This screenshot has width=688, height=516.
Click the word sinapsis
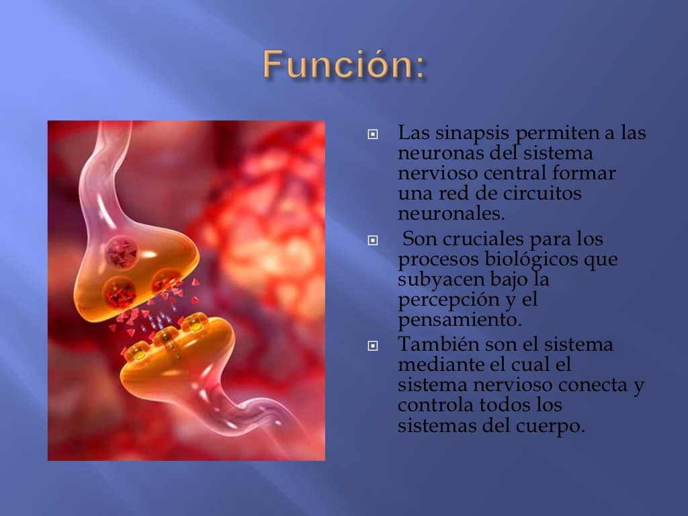(x=470, y=134)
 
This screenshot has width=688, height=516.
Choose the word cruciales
(x=480, y=239)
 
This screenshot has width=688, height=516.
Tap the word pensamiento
(x=460, y=319)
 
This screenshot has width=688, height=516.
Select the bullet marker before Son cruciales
(x=373, y=240)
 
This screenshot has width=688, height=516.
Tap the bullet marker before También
(x=373, y=347)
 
